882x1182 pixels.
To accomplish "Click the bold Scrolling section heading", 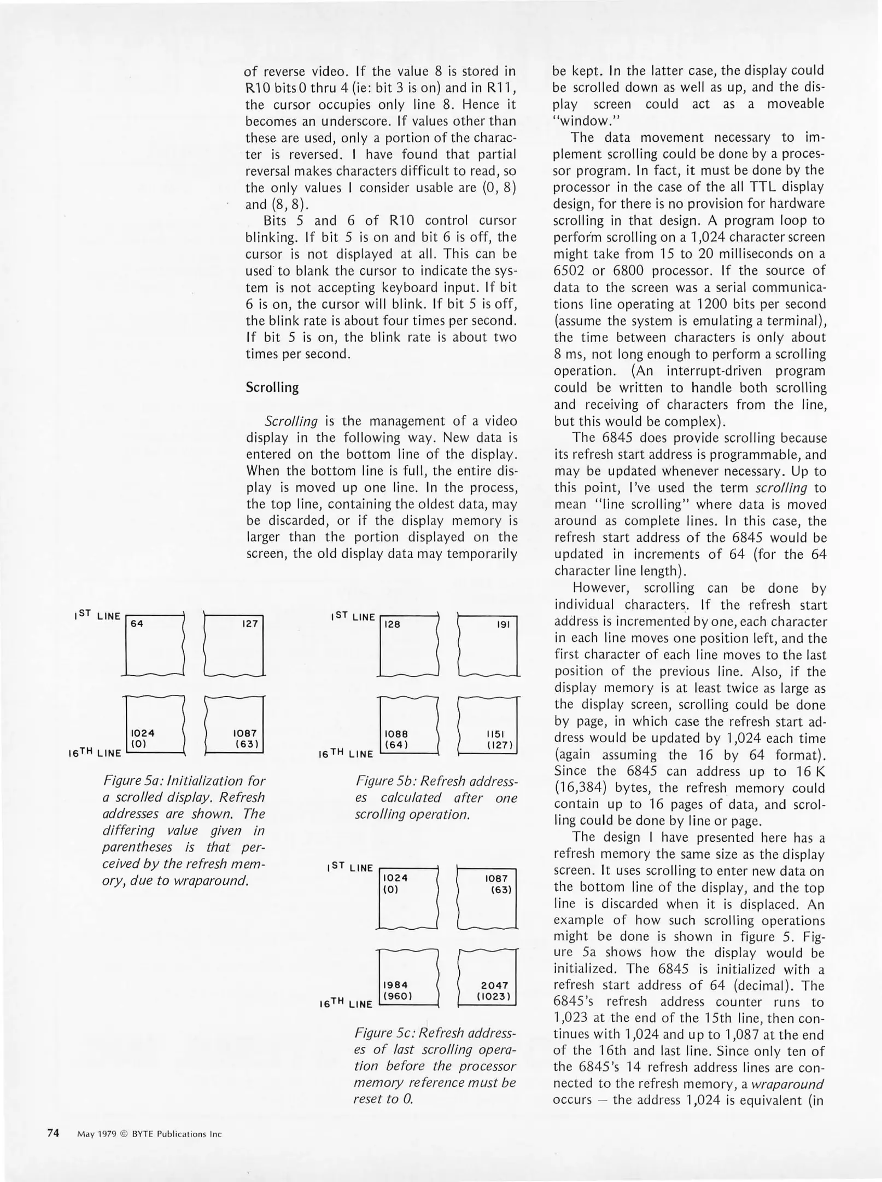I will click(x=272, y=388).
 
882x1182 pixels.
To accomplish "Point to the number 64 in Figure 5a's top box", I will click(x=137, y=623).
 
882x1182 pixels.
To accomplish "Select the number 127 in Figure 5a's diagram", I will click(x=249, y=623).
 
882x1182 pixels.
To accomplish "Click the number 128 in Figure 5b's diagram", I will click(x=392, y=624).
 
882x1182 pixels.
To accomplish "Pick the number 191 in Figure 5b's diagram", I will click(x=503, y=624).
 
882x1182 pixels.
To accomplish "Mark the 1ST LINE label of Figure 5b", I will click(x=353, y=616).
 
